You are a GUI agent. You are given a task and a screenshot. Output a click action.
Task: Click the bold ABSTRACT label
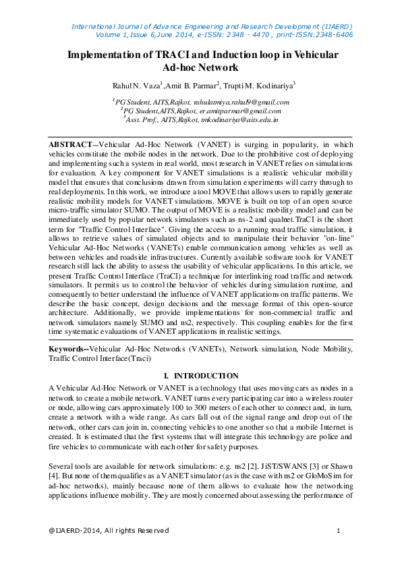pyautogui.click(x=70, y=144)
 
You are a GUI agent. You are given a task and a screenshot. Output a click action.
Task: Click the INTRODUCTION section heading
pyautogui.click(x=206, y=375)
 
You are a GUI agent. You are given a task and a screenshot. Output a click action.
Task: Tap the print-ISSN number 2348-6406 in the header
pyautogui.click(x=330, y=34)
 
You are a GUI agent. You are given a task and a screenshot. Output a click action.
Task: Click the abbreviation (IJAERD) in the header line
pyautogui.click(x=335, y=26)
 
